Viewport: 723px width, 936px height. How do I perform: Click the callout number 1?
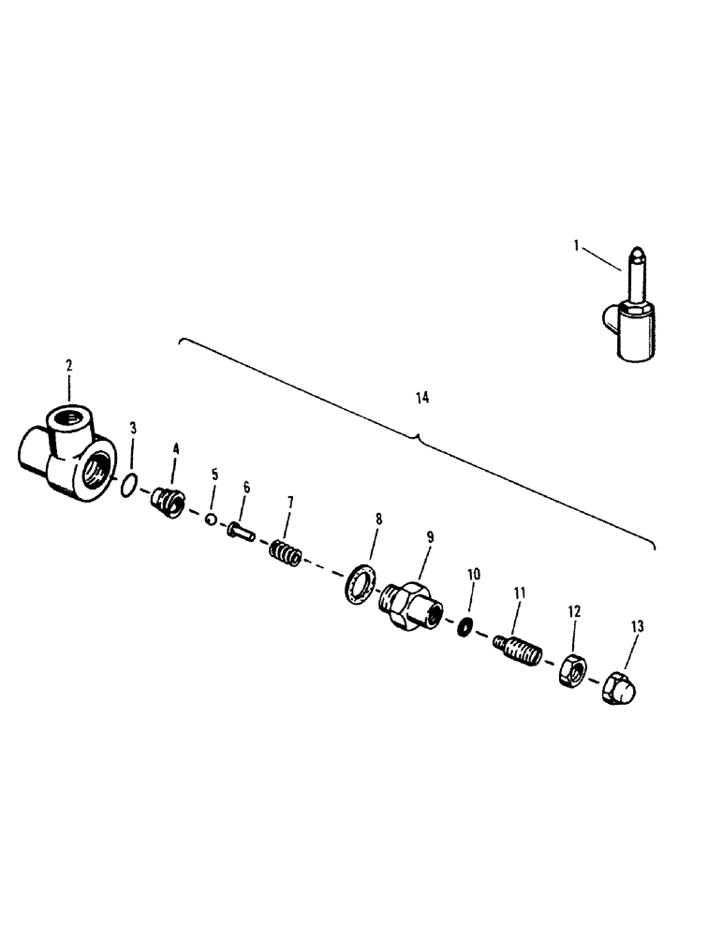[x=577, y=246]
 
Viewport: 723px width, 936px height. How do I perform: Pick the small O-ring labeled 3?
[x=132, y=482]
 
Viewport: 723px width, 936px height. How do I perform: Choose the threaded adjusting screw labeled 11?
[x=514, y=647]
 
